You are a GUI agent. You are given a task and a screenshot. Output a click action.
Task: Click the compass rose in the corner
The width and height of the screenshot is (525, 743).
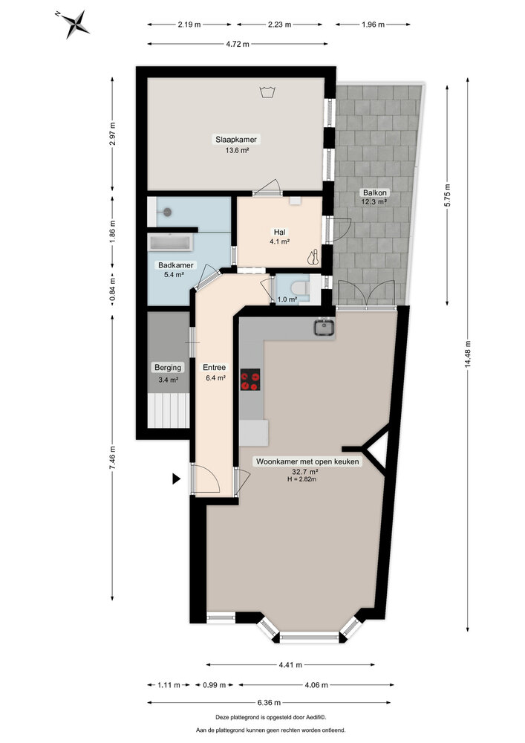click(x=74, y=23)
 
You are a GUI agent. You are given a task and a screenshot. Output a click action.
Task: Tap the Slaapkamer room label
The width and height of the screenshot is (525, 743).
click(x=231, y=139)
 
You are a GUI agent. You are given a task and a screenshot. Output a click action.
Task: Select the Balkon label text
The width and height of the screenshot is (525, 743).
click(x=375, y=192)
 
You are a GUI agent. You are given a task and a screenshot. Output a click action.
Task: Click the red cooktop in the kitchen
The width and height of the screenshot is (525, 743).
click(x=251, y=380)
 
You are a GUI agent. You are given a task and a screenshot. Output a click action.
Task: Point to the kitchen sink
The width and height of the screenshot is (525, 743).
click(x=324, y=327)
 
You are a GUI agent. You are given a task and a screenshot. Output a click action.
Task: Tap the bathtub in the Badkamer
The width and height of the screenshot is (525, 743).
click(x=170, y=242)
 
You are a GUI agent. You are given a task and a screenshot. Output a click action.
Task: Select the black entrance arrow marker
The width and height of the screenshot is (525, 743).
click(x=176, y=479)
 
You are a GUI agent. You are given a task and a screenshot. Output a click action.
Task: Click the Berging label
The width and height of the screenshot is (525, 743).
click(x=168, y=367)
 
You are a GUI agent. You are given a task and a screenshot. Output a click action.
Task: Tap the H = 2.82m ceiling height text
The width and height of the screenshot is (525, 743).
click(x=302, y=479)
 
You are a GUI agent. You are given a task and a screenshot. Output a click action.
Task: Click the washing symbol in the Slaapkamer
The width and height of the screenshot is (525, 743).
click(x=267, y=93)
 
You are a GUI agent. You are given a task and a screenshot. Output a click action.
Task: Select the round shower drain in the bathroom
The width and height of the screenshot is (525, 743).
click(x=169, y=212)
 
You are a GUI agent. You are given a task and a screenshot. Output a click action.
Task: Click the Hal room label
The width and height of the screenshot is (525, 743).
click(x=279, y=231)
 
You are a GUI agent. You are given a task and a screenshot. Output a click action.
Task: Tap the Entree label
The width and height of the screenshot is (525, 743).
click(x=215, y=367)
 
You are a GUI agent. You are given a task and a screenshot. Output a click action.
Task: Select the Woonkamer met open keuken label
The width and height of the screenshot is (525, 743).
click(x=307, y=461)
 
